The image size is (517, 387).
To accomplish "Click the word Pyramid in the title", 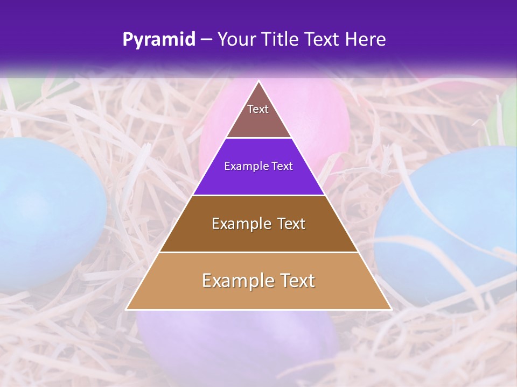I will (x=159, y=40).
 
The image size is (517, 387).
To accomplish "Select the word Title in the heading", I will (x=283, y=39).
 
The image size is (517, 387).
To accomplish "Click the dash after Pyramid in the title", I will (x=206, y=40).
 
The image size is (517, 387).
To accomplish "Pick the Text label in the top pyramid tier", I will (x=258, y=109).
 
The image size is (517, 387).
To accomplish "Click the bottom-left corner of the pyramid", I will (x=127, y=309).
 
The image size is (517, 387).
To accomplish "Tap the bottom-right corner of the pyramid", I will (x=392, y=309).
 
